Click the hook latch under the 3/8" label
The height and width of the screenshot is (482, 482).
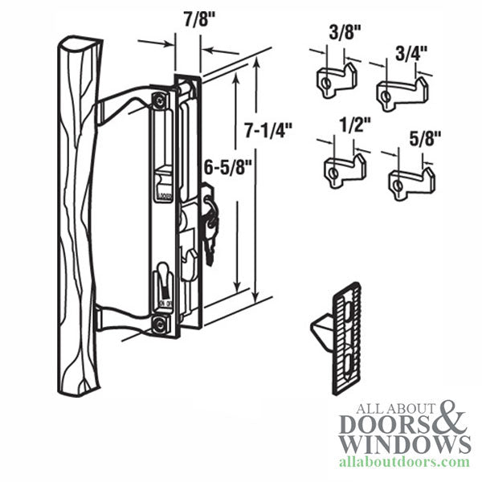[x=331, y=83]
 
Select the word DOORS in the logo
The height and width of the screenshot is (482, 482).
[x=378, y=423]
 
